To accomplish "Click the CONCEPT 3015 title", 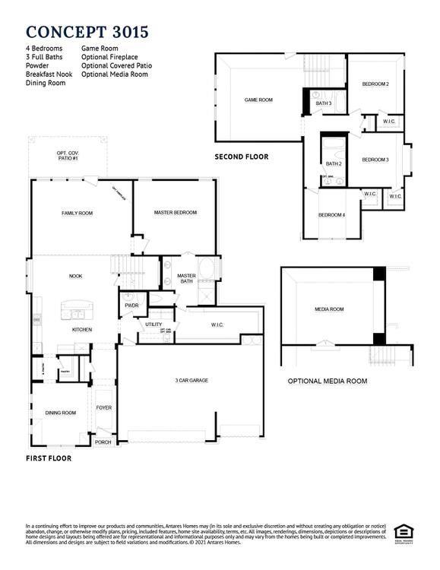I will (x=87, y=31).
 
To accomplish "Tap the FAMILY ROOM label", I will (x=77, y=213).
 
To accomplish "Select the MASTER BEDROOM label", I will (x=175, y=213).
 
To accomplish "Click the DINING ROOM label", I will (x=61, y=413).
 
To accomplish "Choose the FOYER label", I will (x=104, y=407).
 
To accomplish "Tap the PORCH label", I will (x=103, y=442).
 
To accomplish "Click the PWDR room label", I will (x=131, y=306).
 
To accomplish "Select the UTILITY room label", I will (x=154, y=325).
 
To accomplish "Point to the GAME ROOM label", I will (x=258, y=100).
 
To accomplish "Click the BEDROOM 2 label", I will (x=375, y=84).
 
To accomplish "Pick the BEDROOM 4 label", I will (x=331, y=215).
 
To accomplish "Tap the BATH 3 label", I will (x=324, y=103).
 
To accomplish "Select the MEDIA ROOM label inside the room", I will (x=329, y=309).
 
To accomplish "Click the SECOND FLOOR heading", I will (x=241, y=157).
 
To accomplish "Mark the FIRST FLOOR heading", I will (x=49, y=458).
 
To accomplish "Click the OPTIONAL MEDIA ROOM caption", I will (x=327, y=381).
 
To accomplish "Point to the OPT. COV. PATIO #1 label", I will (x=68, y=156).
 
